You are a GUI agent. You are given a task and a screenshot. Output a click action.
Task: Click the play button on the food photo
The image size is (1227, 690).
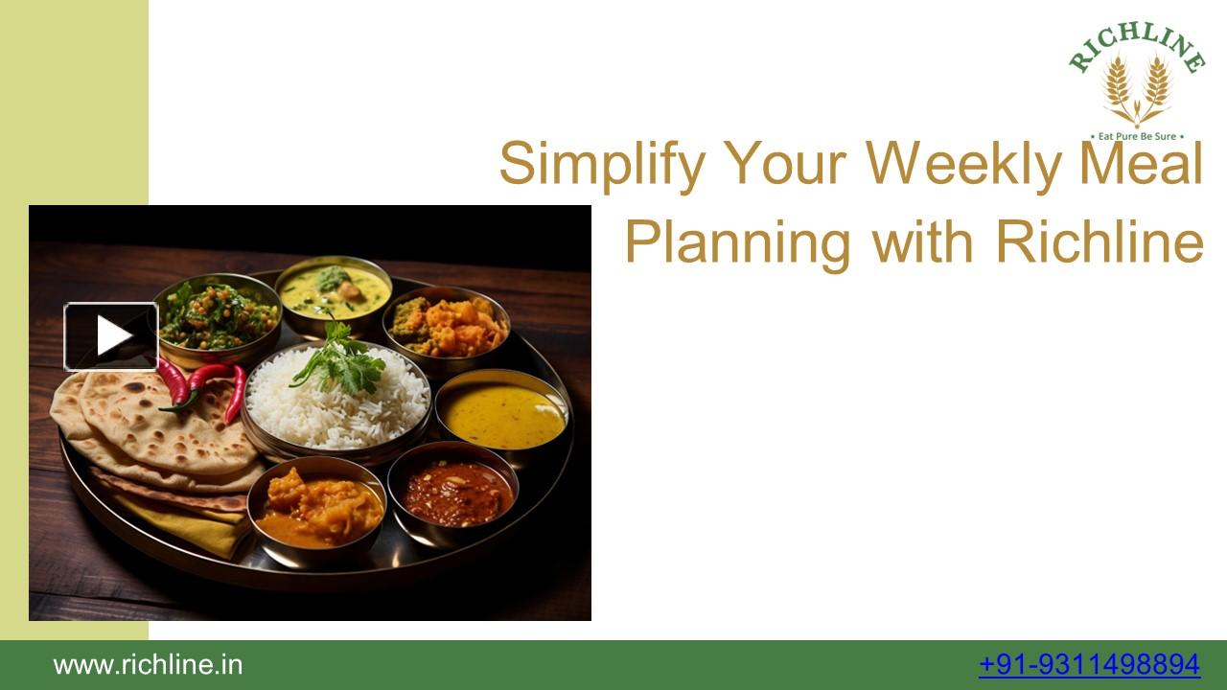pos(111,336)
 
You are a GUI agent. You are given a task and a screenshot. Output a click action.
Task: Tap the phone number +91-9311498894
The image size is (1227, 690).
pos(1089,664)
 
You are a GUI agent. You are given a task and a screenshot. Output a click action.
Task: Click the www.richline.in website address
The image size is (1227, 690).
pos(148,664)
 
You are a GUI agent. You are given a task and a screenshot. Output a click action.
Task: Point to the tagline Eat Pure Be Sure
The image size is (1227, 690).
pos(1137,136)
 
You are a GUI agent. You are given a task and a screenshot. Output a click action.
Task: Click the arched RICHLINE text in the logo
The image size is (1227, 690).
pos(1137,44)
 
